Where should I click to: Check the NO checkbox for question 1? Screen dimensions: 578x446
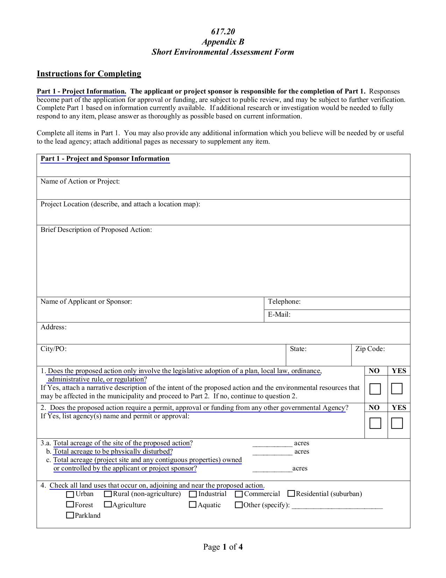click(x=375, y=389)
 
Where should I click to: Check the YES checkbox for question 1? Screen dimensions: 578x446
click(x=397, y=388)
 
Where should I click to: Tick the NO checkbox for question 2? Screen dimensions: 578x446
click(x=375, y=423)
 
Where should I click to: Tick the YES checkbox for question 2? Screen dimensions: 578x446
click(x=397, y=423)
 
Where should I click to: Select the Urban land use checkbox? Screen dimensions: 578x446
click(x=70, y=494)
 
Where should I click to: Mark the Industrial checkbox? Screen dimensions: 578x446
click(x=193, y=494)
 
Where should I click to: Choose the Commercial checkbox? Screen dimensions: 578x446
click(x=239, y=494)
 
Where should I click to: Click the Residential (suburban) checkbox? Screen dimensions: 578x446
click(x=291, y=494)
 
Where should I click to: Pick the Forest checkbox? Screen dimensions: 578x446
click(x=70, y=505)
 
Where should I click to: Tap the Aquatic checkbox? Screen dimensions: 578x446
click(x=192, y=505)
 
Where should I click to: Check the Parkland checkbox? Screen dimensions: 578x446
click(x=70, y=515)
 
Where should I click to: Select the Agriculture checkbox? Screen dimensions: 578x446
click(x=108, y=505)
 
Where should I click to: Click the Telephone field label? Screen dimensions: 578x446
click(x=284, y=302)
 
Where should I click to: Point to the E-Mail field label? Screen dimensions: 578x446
click(x=279, y=315)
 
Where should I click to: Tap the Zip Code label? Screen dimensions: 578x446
click(x=370, y=349)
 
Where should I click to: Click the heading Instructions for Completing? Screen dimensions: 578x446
click(x=89, y=74)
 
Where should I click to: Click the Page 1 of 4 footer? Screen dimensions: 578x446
click(x=223, y=547)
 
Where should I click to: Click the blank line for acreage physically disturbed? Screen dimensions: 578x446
click(x=272, y=452)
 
